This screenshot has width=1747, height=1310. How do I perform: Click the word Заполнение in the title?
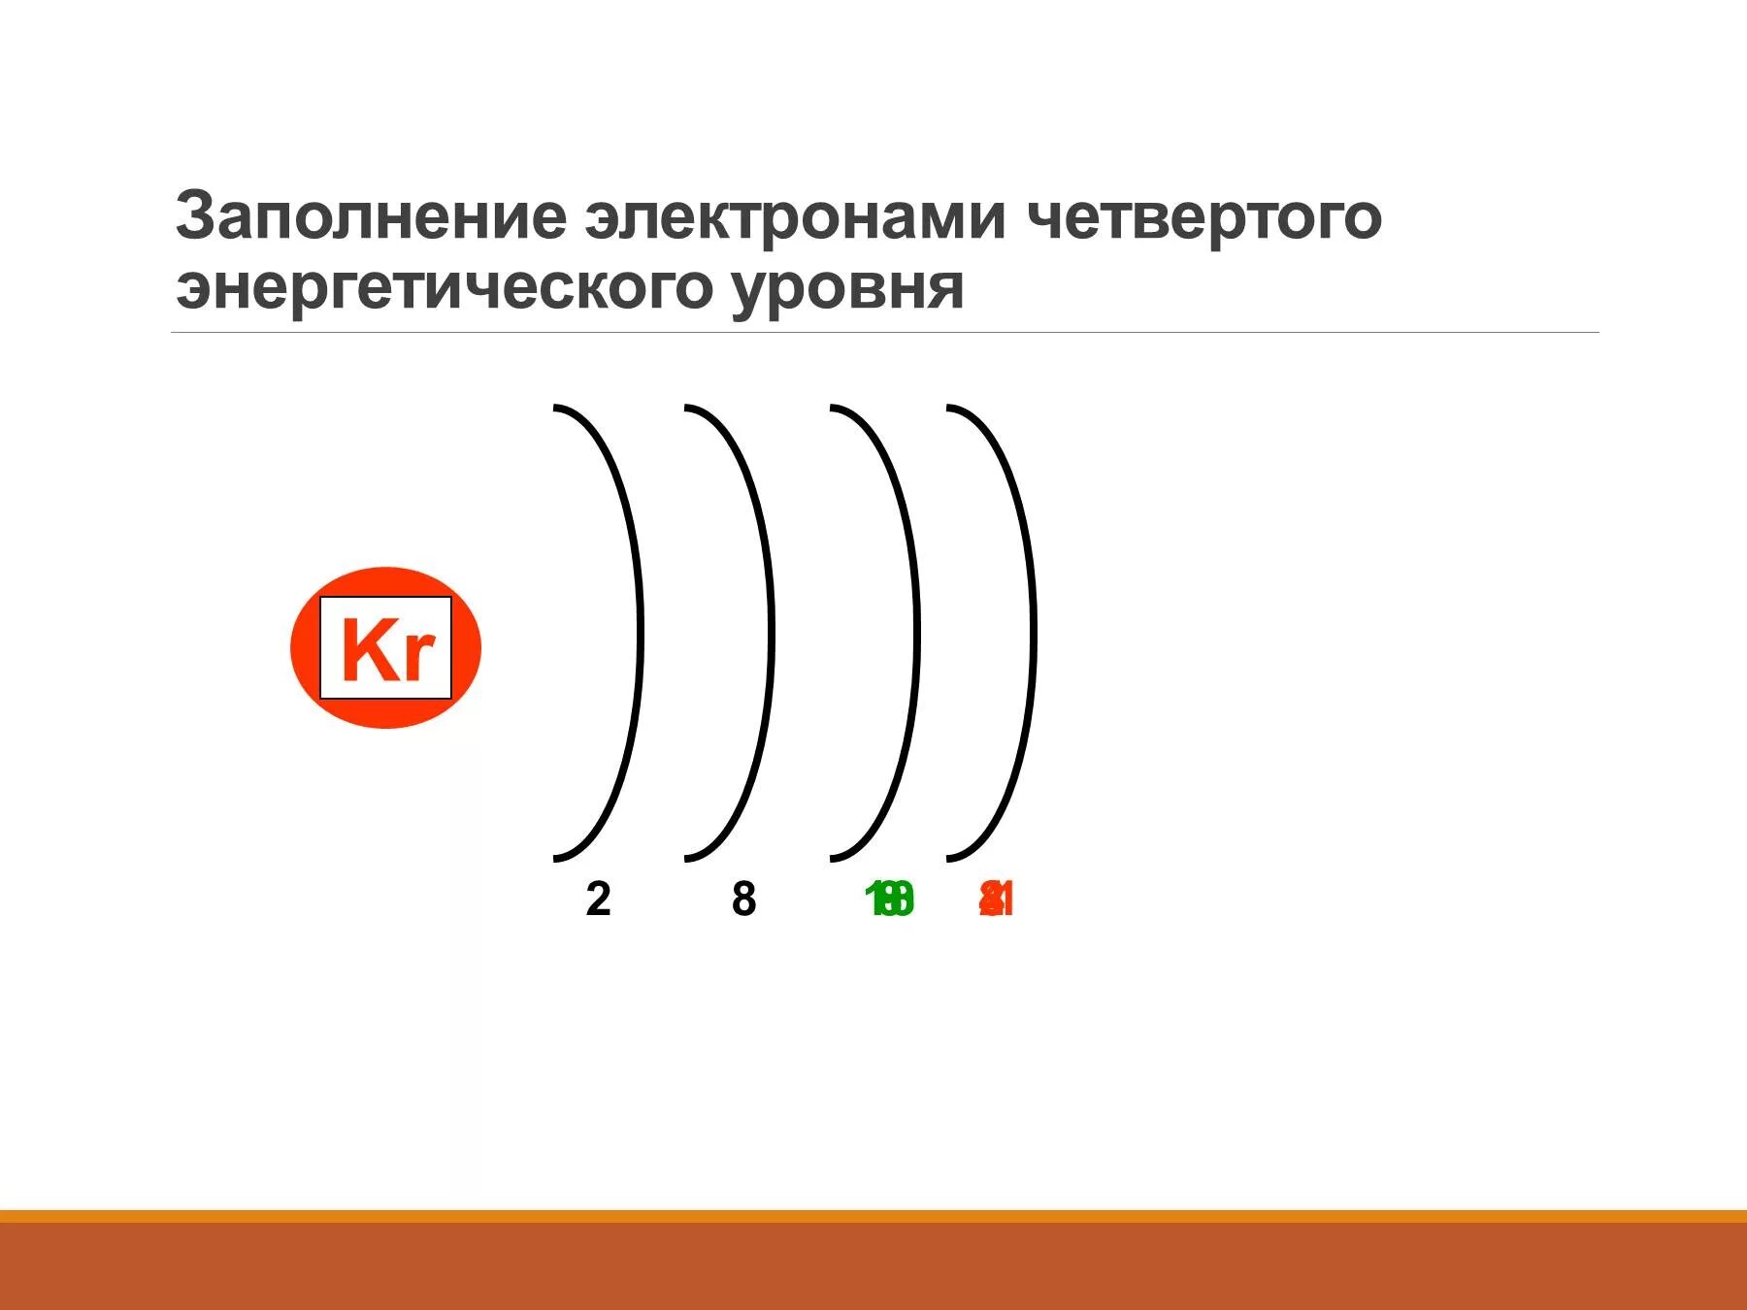pos(370,217)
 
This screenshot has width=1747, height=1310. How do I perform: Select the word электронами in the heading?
pos(795,217)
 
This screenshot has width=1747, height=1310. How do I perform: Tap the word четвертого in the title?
pos(1203,217)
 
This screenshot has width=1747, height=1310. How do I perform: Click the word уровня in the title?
pos(847,288)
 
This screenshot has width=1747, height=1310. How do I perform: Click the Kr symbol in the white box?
pos(385,648)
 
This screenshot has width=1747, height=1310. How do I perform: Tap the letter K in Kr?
pos(365,648)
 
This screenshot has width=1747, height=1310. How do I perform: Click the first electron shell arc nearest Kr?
pos(639,631)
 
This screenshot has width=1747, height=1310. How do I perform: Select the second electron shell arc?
pos(771,631)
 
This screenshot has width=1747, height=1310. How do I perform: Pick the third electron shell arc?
pos(916,631)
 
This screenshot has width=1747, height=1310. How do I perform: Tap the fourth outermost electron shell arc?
pos(1033,631)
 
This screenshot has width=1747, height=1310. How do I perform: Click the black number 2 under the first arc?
pos(598,900)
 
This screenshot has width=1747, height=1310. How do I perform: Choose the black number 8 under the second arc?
pos(743,900)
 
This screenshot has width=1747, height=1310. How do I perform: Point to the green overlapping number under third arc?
pos(889,901)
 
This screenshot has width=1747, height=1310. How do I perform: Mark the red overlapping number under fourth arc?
pos(997,901)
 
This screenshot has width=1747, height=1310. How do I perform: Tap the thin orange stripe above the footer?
pos(873,1216)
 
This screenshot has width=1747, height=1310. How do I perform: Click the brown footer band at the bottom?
pos(873,1266)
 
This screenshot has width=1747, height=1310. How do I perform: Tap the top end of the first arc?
pos(556,409)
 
